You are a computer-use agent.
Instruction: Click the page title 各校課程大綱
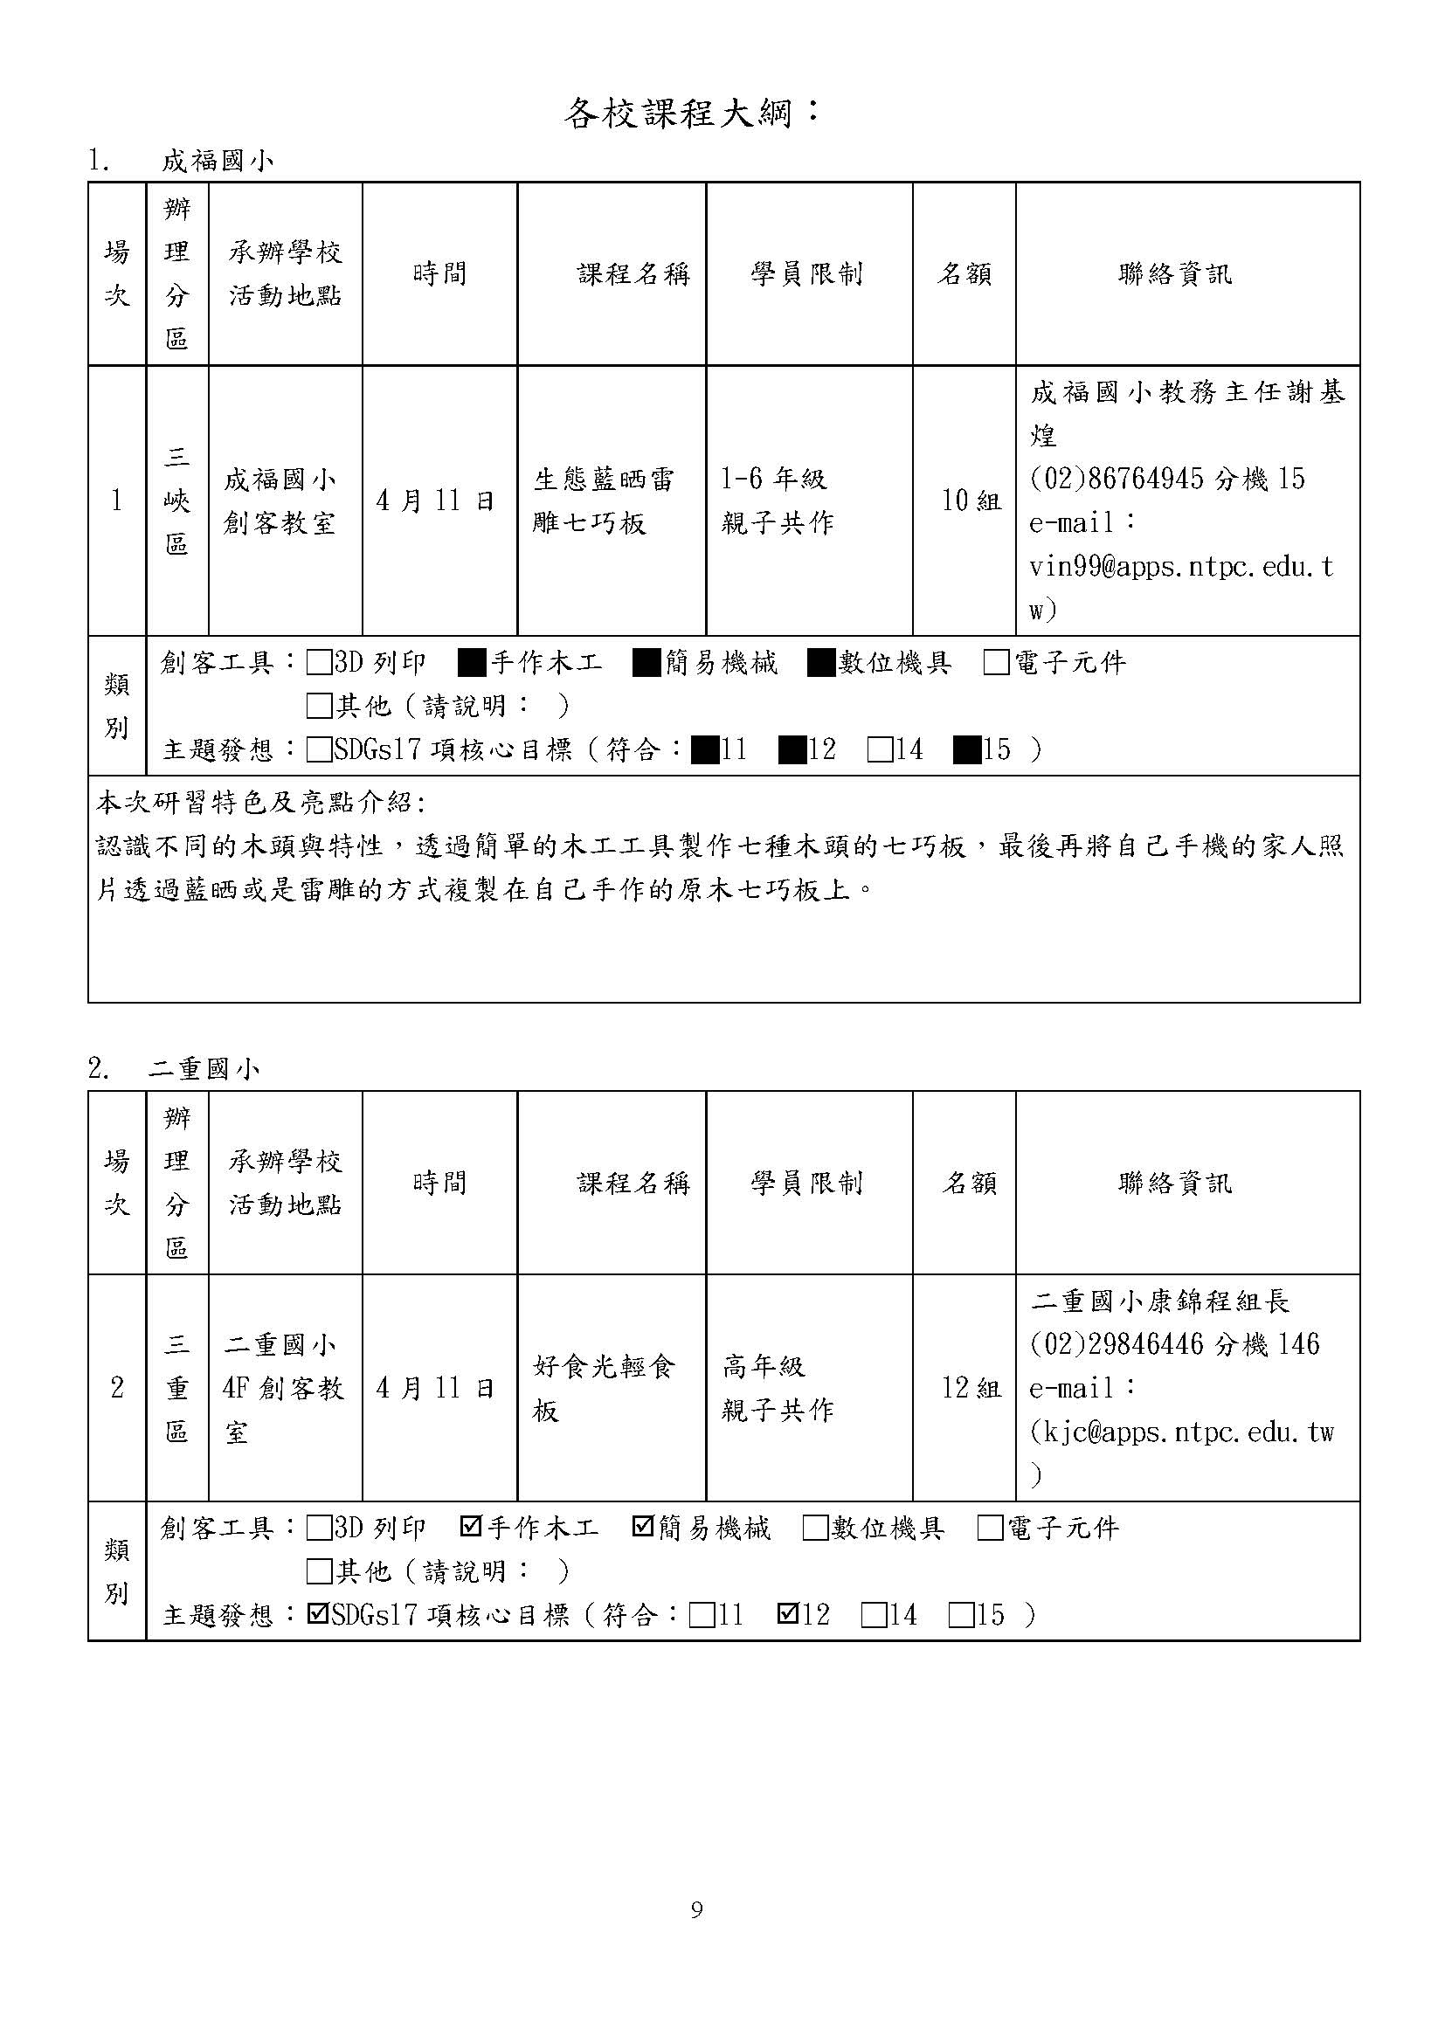tap(690, 113)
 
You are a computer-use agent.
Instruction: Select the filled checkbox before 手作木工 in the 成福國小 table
tap(472, 663)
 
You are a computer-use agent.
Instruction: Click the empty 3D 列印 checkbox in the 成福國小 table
tap(318, 663)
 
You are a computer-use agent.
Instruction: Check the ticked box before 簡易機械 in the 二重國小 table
tap(642, 1527)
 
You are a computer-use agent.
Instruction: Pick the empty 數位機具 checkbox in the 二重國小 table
tap(814, 1528)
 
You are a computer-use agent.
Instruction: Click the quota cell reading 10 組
tap(971, 501)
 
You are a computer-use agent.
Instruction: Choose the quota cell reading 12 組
tap(971, 1388)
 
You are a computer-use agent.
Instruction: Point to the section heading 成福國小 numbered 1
tap(218, 161)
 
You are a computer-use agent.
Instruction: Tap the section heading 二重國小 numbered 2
tap(204, 1068)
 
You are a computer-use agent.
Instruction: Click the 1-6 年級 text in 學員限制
tap(773, 480)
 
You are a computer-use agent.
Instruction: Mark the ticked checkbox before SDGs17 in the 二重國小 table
tap(317, 1614)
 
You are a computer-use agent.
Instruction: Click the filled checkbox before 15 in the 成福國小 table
tap(966, 750)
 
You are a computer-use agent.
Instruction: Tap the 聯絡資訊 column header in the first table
tap(1174, 274)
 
